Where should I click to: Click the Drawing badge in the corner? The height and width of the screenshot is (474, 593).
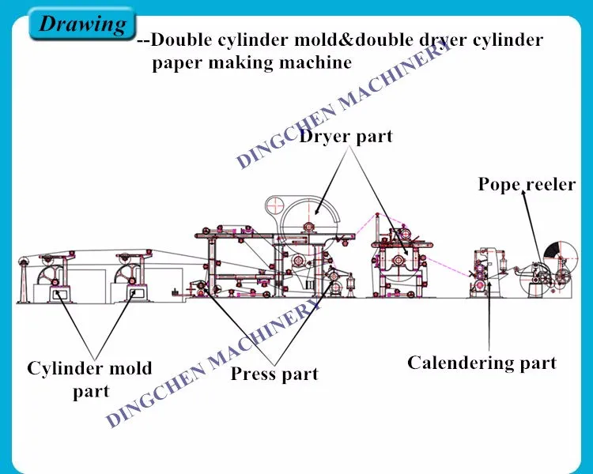click(81, 24)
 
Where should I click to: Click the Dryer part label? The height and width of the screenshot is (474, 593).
click(346, 137)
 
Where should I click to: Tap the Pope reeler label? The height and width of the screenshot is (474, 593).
click(527, 184)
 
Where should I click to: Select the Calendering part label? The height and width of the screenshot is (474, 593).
click(482, 363)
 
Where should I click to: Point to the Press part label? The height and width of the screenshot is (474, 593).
click(274, 374)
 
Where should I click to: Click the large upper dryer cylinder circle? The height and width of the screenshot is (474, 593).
click(308, 227)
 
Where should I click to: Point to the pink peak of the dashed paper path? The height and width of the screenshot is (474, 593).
click(377, 214)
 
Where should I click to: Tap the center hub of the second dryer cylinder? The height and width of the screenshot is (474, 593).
click(398, 260)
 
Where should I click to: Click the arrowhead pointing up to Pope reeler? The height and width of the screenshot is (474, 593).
click(523, 194)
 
